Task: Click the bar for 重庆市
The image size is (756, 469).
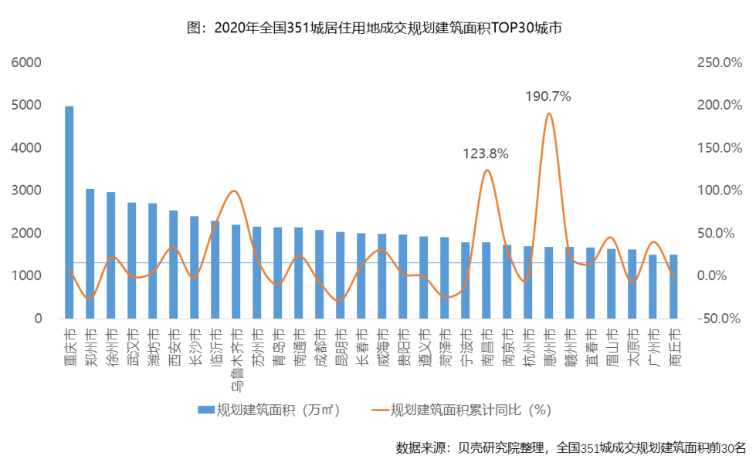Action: [x=69, y=212]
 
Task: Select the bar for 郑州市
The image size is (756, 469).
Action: [x=90, y=254]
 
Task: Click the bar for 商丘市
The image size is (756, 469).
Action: [x=674, y=286]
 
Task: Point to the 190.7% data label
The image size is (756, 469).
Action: [x=548, y=97]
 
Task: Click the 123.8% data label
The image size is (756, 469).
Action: [x=486, y=154]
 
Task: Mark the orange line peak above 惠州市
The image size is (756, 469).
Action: [x=548, y=114]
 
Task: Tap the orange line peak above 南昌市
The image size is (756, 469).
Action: [x=486, y=170]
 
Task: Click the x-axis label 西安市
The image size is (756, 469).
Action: [x=174, y=343]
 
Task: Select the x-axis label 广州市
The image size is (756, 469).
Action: [x=653, y=343]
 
